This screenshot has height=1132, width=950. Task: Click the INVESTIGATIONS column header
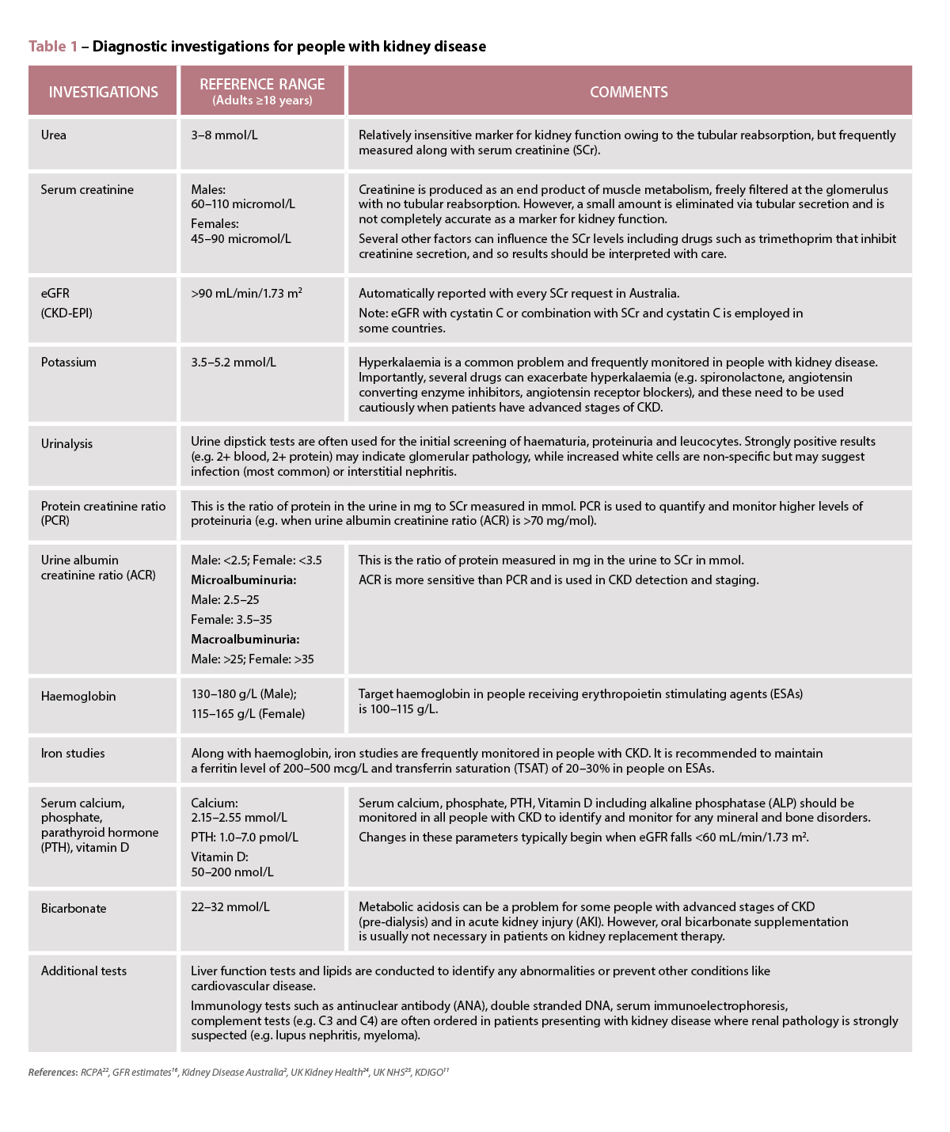click(x=103, y=92)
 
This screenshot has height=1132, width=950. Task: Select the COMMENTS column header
click(x=629, y=92)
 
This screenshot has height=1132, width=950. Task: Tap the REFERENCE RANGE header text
click(x=262, y=85)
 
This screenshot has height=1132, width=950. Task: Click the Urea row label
click(x=54, y=135)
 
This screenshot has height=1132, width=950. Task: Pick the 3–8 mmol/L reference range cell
click(x=224, y=135)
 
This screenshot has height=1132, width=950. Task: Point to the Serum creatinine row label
click(x=87, y=189)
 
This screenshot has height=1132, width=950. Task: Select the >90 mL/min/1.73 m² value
click(x=246, y=293)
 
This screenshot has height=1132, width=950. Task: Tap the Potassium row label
click(x=69, y=362)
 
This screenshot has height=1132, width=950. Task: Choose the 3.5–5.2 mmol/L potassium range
click(x=234, y=362)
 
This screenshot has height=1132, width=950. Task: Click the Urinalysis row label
click(x=66, y=443)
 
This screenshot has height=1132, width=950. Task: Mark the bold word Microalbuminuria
click(x=243, y=580)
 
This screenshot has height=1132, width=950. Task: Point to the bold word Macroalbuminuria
click(x=245, y=639)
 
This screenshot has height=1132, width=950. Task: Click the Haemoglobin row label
click(x=78, y=696)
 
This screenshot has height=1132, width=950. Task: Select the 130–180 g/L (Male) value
click(x=244, y=693)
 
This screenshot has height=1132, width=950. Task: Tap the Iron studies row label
click(x=73, y=753)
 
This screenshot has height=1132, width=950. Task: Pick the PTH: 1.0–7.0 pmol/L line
click(x=245, y=837)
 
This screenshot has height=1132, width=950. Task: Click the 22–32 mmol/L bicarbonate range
click(x=230, y=906)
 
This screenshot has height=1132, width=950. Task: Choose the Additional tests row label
click(x=84, y=971)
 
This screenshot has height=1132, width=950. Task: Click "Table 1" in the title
click(x=53, y=47)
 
